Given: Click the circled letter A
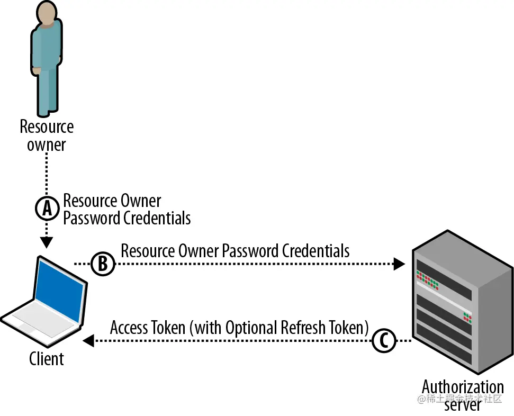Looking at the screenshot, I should tap(47, 209).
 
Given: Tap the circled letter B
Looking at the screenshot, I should tap(103, 263).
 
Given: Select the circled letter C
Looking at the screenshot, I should tap(384, 341).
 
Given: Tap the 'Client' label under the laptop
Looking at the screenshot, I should tap(47, 359).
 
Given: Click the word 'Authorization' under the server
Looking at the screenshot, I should tap(463, 387).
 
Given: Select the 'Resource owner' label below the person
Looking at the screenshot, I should tap(47, 135).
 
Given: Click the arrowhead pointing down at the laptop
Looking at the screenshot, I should tap(47, 242).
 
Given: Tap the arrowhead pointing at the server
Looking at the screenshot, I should tap(400, 264).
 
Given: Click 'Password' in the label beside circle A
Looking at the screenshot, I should tap(92, 218).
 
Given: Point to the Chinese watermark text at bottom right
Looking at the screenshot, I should tap(459, 399).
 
